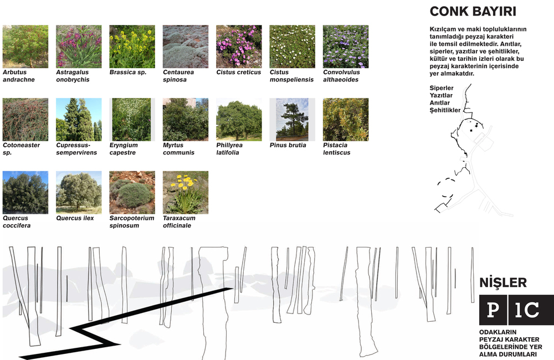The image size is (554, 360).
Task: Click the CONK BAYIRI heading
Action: pos(473,11)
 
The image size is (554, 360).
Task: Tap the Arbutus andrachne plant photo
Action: pos(25,47)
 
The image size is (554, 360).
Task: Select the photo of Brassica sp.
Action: pos(132,47)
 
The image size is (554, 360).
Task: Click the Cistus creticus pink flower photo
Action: pos(239,47)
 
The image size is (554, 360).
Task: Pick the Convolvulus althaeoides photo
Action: pos(346,47)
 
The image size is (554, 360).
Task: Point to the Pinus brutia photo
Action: pos(292,120)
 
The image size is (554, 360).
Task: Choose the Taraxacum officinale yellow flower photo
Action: pos(186,193)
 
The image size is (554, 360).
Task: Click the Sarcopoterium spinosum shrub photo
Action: pos(132,193)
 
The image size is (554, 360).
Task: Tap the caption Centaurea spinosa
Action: pos(178,76)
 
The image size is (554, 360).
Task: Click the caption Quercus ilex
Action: pos(75,218)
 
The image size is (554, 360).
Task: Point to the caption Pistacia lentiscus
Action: pos(337,149)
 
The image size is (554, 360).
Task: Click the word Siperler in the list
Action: pos(442,88)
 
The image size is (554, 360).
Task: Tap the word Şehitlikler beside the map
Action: pos(445,110)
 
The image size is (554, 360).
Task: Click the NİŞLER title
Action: pos(503,282)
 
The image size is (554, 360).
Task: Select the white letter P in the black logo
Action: pos(493,310)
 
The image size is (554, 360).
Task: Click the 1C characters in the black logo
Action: pos(526,310)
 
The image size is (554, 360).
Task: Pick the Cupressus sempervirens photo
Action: pos(79,120)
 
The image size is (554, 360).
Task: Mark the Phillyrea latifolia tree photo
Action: pos(239,120)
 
